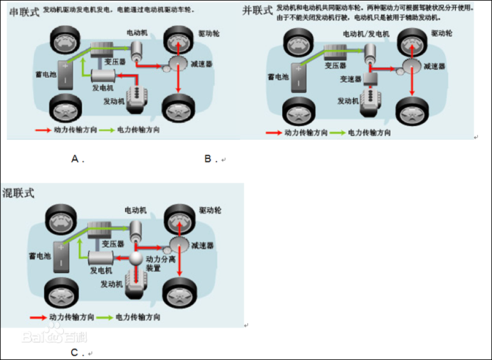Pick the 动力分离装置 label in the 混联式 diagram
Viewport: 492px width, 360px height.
click(x=161, y=264)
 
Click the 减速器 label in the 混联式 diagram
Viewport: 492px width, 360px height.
click(x=202, y=247)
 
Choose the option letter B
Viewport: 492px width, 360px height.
click(x=208, y=159)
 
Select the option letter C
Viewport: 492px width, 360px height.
click(x=74, y=353)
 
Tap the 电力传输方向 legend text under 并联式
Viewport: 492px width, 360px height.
click(x=369, y=132)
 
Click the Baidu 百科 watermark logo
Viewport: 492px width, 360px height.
click(x=47, y=337)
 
